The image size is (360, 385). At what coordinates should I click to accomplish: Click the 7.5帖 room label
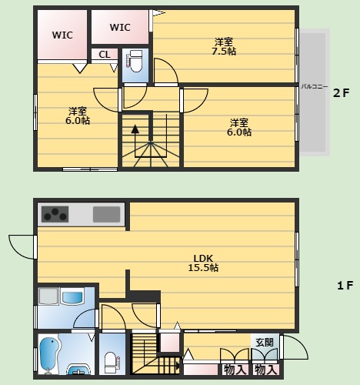click(x=224, y=46)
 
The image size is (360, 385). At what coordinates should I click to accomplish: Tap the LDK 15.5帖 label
click(x=203, y=263)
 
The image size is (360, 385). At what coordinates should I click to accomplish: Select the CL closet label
click(x=105, y=54)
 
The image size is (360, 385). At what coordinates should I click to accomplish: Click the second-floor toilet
click(x=135, y=62)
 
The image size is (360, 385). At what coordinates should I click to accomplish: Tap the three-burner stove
click(x=55, y=214)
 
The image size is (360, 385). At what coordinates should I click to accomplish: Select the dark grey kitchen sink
click(x=106, y=214)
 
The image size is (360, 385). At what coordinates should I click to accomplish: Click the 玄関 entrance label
click(x=265, y=343)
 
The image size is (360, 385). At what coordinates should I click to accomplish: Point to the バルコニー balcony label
click(x=315, y=86)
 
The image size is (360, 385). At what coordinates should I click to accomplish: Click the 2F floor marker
click(x=341, y=93)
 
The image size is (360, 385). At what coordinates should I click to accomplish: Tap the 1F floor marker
click(x=345, y=285)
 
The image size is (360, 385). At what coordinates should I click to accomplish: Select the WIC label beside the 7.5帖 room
click(x=120, y=27)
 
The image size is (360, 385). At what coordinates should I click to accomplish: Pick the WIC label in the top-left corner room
click(x=62, y=35)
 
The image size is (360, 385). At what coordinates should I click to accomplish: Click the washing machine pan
click(x=48, y=296)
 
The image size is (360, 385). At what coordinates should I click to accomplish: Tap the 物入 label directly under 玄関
click(x=266, y=370)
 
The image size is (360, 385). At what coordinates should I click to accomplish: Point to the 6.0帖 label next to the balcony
click(x=239, y=127)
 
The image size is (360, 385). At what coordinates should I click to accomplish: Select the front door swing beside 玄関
click(x=295, y=347)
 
